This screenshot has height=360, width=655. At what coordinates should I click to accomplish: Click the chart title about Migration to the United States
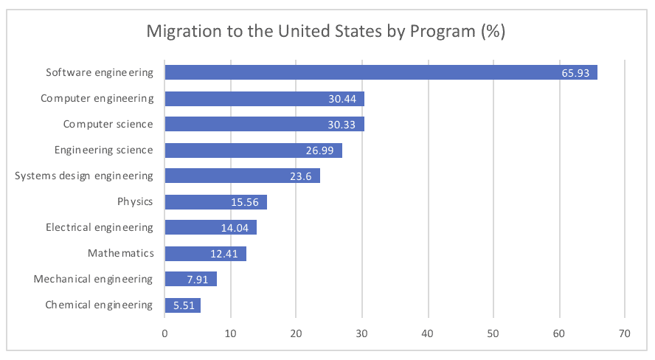[x=325, y=32]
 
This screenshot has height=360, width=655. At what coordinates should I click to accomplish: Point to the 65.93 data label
[x=575, y=73]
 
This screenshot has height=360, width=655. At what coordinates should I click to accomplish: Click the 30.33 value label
[x=342, y=125]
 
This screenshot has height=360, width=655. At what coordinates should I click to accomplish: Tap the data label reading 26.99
[x=319, y=150]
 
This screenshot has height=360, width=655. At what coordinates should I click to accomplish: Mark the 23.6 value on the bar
[x=300, y=176]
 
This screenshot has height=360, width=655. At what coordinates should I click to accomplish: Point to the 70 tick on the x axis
[x=625, y=333]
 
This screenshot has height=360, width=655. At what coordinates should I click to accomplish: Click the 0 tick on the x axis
[x=164, y=333]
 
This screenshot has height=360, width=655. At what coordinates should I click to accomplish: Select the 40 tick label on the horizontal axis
[x=428, y=333]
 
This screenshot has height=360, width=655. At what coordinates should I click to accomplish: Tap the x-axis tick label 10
[x=230, y=333]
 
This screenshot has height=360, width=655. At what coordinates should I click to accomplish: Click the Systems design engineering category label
[x=84, y=176]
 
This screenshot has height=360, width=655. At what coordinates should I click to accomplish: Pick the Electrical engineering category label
[x=99, y=227]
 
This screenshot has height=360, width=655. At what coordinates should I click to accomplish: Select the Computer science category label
[x=108, y=124]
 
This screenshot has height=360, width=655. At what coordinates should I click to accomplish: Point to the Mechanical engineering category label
[x=93, y=279]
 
